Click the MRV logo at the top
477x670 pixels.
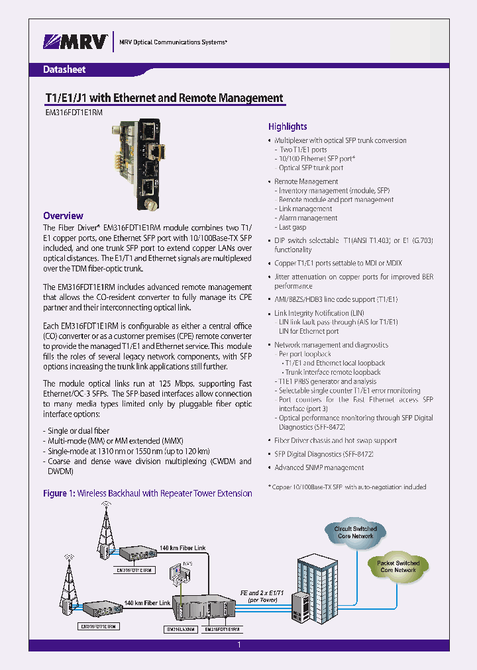[x=75, y=42]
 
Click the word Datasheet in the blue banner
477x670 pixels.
[x=64, y=70]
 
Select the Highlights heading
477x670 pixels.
[x=288, y=126]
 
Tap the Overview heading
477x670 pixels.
[x=63, y=216]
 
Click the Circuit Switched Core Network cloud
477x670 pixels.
[x=355, y=532]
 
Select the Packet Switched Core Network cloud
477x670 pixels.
[x=397, y=566]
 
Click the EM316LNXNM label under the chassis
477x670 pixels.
[x=181, y=630]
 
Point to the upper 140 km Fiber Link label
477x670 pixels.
[x=182, y=548]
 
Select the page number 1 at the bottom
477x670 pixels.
[x=238, y=645]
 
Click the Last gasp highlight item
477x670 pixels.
[x=293, y=227]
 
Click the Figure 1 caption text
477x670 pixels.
[x=147, y=493]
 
